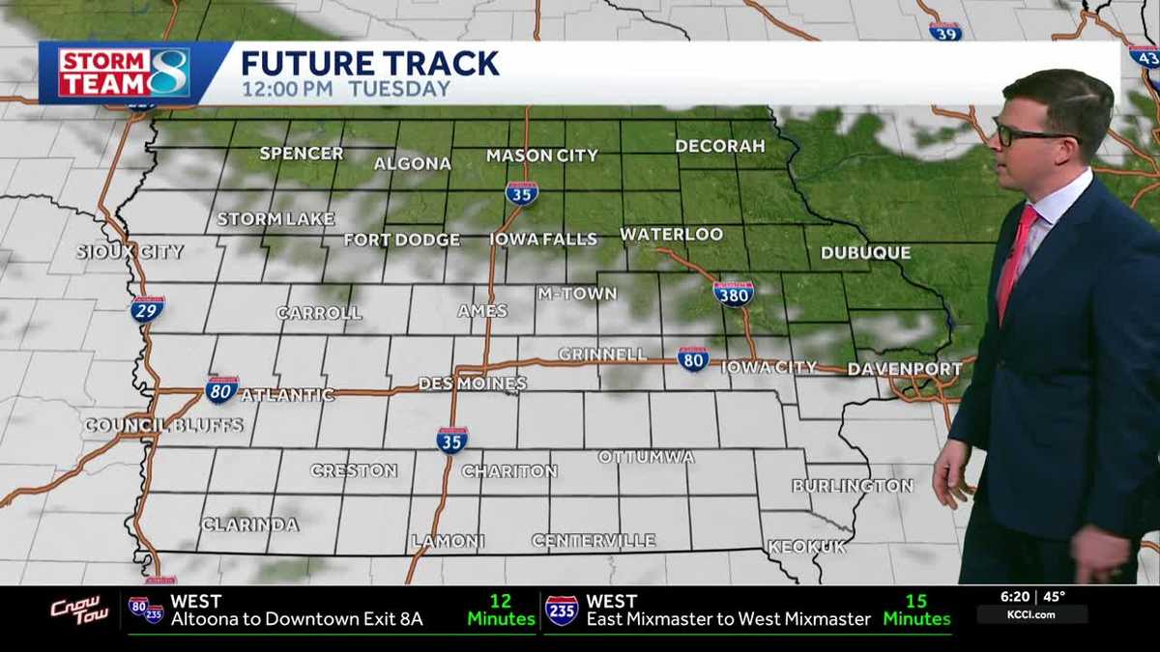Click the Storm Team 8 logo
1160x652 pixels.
[x=124, y=72]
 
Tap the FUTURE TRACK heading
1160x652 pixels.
[x=369, y=64]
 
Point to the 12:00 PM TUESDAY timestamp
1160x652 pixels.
[x=345, y=89]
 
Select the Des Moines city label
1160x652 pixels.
[x=472, y=383]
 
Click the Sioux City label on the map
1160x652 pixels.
[x=130, y=252]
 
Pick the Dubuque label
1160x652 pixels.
[x=865, y=253]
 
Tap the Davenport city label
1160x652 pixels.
[x=904, y=369]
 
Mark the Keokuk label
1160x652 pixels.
[x=806, y=547]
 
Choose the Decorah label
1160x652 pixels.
[x=719, y=146]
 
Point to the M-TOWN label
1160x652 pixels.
[x=577, y=294]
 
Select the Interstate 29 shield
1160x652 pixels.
[x=148, y=308]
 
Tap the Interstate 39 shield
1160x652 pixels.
[x=945, y=32]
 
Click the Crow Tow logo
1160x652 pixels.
[x=80, y=610]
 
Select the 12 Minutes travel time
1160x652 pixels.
[x=500, y=609]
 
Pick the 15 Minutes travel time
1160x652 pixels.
[x=915, y=609]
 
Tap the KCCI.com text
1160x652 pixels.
[x=1031, y=614]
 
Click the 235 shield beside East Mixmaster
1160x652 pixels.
[x=562, y=609]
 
